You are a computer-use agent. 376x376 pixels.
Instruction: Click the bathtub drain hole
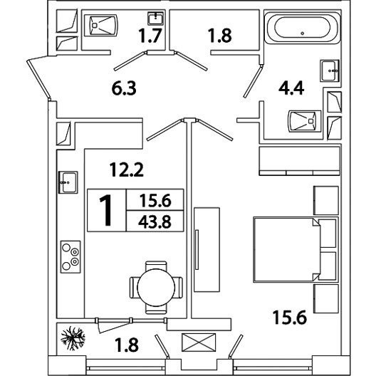coord(303,33)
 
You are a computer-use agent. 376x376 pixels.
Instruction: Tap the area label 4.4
coord(291,88)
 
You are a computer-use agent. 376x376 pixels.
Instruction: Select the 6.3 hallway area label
coord(124,88)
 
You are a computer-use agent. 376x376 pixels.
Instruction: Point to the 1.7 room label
coord(150,36)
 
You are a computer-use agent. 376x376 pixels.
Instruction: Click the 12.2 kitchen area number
coord(127,169)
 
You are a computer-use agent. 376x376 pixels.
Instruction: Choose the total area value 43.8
coord(155,221)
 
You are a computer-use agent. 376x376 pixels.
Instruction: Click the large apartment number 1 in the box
coord(106,210)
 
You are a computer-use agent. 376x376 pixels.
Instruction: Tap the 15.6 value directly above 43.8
coord(156,201)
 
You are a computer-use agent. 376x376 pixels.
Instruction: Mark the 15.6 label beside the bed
coord(290,317)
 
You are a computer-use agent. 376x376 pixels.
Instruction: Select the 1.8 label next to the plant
coord(127,345)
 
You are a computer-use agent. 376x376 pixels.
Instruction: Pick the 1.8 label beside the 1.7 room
coord(220,36)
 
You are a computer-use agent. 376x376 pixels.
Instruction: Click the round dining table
coord(156,288)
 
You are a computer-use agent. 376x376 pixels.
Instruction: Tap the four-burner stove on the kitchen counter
coord(70,257)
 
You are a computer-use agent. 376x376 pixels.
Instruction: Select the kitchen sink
coord(68,182)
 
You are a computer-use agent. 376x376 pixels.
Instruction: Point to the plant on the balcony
coord(73,338)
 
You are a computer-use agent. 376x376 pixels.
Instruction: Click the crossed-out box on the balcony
coord(199,343)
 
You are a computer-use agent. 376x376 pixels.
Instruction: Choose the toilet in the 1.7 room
coord(101,25)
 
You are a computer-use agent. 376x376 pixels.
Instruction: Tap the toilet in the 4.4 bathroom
coord(305,121)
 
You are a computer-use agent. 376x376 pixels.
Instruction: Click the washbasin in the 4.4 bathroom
coord(330,70)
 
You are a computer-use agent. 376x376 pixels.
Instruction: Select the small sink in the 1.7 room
coord(156,19)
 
